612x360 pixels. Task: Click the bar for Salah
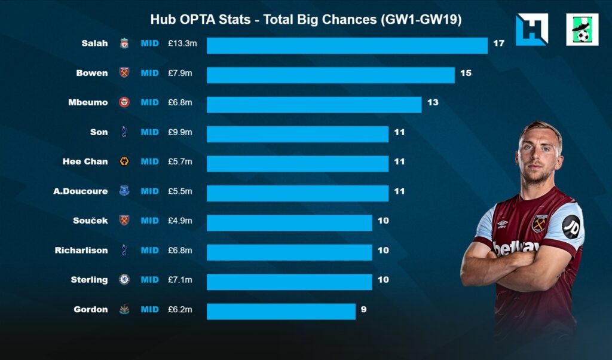(x=347, y=45)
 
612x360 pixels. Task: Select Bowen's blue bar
(x=331, y=75)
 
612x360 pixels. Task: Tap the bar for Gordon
(x=281, y=311)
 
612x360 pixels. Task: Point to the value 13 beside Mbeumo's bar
(x=432, y=102)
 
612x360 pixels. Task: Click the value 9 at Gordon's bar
(x=363, y=309)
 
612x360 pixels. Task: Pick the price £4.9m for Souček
(x=180, y=221)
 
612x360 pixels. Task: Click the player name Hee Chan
(x=85, y=161)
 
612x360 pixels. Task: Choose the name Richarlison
(x=81, y=250)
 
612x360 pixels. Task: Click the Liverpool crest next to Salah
(x=124, y=43)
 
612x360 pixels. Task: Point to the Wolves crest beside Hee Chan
(x=124, y=161)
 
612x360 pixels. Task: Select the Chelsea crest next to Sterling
(x=124, y=279)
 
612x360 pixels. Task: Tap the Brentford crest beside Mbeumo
(x=124, y=102)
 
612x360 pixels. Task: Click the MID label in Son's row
(x=149, y=132)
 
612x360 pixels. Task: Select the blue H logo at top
(x=531, y=29)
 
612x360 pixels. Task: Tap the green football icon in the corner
(x=582, y=30)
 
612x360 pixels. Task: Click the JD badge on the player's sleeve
(x=571, y=226)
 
